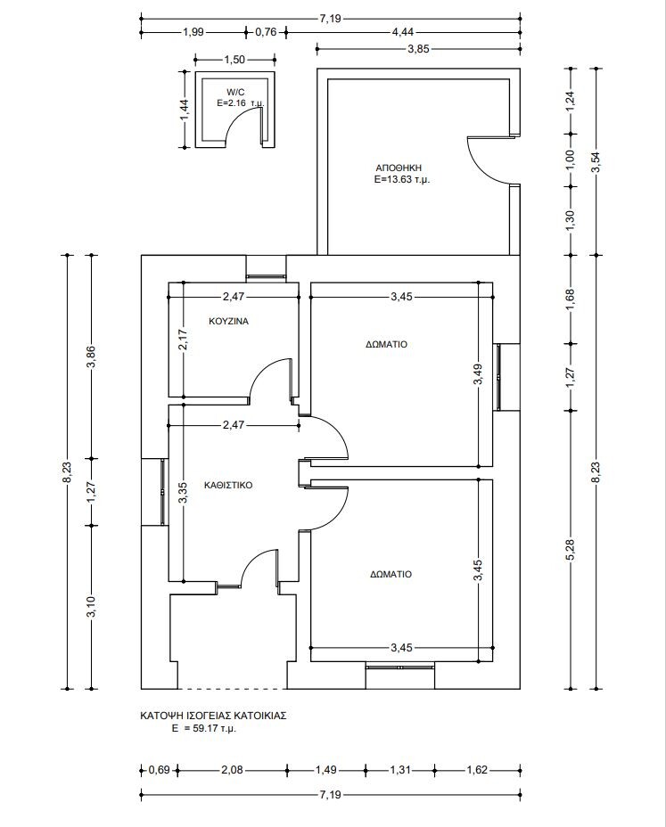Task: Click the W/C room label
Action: [x=234, y=92]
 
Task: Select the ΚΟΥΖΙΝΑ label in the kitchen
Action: [x=228, y=321]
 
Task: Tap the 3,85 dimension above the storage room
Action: [x=419, y=49]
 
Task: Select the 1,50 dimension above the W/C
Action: [x=234, y=60]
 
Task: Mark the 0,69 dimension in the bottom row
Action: [x=159, y=770]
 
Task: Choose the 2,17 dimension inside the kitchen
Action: [x=183, y=341]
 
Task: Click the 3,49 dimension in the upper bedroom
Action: [x=479, y=374]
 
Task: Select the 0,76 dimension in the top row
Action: [x=266, y=32]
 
